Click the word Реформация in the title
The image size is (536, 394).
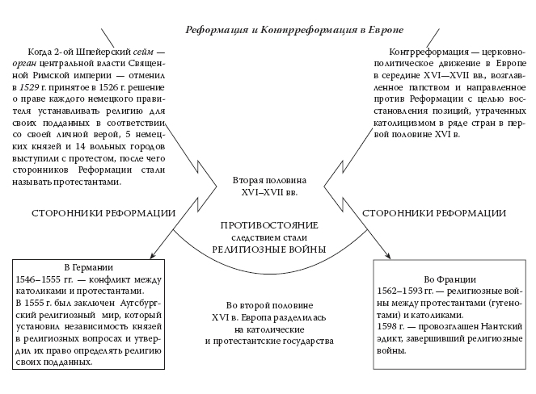(x=214, y=30)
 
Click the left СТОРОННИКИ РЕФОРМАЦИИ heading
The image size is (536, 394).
(x=104, y=213)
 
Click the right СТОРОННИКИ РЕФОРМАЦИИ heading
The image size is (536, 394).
(x=435, y=213)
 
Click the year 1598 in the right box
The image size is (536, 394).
(x=389, y=325)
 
